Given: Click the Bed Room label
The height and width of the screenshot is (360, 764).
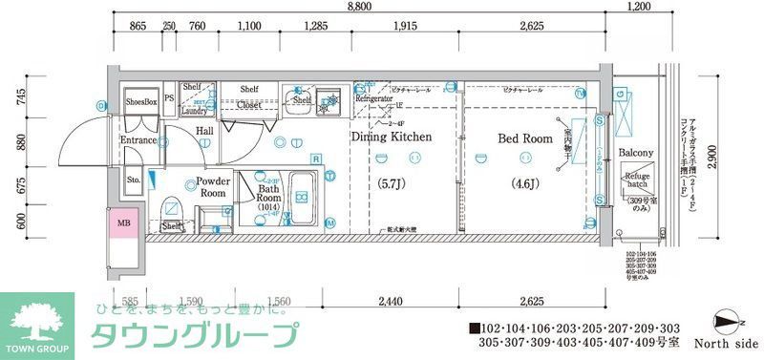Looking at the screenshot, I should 525,138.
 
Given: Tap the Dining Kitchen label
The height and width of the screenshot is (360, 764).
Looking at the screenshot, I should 392,137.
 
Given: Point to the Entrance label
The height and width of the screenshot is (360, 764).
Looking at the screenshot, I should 138,141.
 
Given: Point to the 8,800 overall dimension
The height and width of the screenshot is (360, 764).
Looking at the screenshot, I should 360,7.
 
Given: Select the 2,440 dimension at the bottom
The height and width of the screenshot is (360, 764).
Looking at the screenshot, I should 389,301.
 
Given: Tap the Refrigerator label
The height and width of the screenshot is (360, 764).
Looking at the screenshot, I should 374,98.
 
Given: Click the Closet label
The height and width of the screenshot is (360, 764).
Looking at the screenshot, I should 249,107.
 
